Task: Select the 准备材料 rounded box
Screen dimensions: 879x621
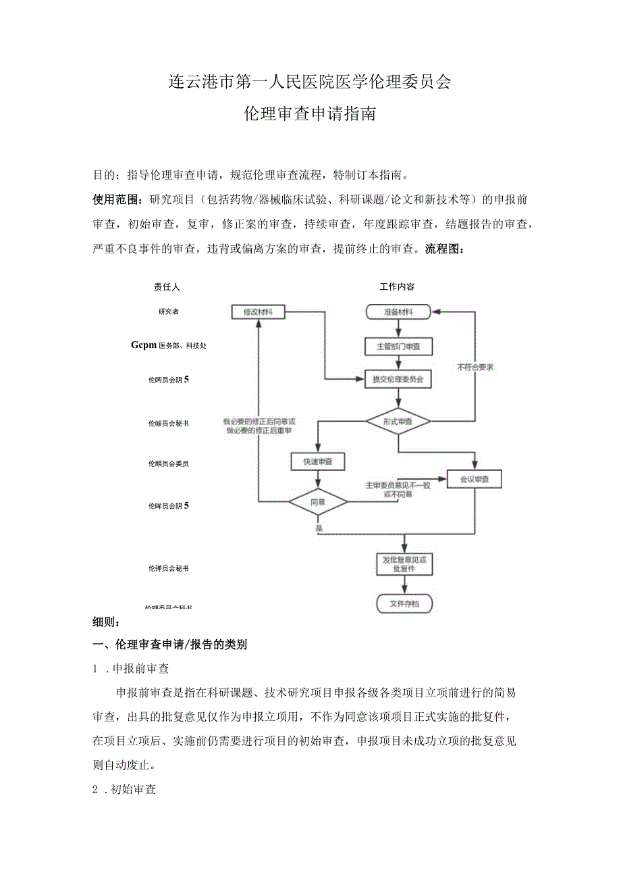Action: coord(398,312)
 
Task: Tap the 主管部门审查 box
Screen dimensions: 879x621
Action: coord(398,347)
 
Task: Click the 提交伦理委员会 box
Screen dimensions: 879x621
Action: coord(398,380)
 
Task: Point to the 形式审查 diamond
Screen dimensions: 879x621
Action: coord(398,421)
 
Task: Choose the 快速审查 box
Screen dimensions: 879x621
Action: coord(318,461)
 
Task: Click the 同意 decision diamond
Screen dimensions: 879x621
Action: coord(318,502)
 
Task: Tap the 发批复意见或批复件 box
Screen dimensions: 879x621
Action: coord(404,564)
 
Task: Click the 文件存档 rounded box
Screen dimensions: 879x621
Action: coord(404,603)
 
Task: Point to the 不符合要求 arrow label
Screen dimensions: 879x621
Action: coord(475,367)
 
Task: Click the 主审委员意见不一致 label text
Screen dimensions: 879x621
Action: coord(388,485)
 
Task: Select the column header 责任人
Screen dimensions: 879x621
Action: coord(167,286)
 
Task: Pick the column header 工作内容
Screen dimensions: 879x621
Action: coord(397,286)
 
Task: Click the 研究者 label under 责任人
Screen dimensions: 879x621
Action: coord(169,311)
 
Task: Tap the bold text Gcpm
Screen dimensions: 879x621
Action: coord(144,345)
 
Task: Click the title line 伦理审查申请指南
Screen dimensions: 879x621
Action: coord(310,114)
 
